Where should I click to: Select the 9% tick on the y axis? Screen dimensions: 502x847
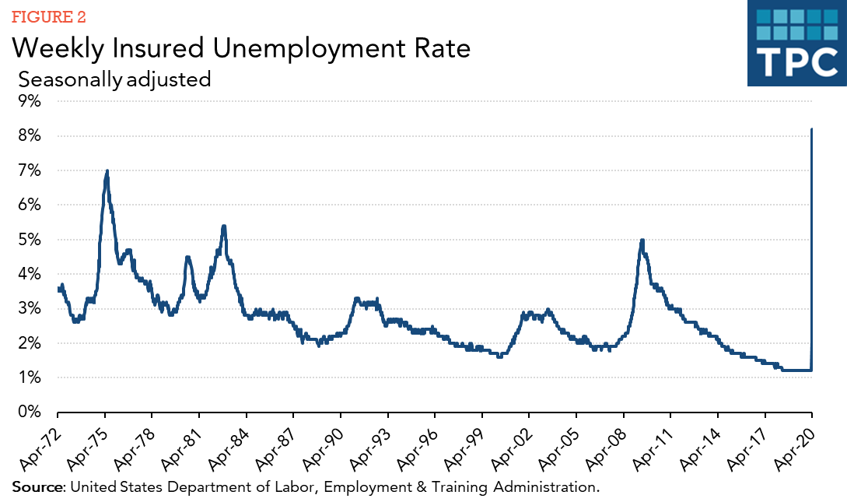[x=30, y=101]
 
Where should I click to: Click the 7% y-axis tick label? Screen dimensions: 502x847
[x=30, y=170]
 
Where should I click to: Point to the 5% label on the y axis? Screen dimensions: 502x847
[x=30, y=239]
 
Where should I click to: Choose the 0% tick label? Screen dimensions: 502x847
[x=30, y=412]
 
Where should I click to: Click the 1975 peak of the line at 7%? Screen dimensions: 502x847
[x=107, y=171]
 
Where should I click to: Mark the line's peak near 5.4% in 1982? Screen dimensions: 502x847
[x=224, y=226]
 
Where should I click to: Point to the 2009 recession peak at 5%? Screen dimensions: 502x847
[x=642, y=240]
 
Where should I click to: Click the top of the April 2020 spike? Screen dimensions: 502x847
[x=812, y=129]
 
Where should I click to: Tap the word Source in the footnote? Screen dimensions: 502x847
[x=38, y=488]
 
